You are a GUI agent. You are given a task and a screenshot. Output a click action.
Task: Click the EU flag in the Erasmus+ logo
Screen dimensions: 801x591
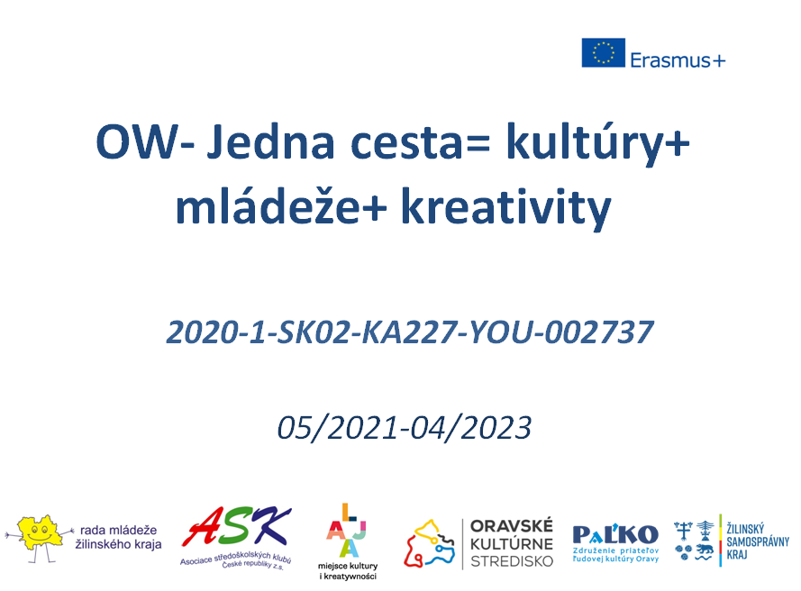point(603,52)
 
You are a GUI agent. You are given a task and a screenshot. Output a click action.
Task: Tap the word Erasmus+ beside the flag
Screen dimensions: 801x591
point(678,60)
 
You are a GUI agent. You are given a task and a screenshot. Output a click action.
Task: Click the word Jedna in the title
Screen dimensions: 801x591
point(270,142)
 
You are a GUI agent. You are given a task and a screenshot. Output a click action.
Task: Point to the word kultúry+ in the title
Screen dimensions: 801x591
point(597,144)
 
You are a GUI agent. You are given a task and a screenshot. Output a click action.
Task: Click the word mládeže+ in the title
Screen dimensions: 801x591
point(281,205)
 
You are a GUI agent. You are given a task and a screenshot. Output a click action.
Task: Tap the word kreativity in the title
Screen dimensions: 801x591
point(505,208)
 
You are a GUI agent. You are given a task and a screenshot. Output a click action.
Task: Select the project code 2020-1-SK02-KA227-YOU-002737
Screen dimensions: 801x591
point(410,332)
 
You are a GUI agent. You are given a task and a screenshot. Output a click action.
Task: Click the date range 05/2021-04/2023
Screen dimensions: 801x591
point(404,428)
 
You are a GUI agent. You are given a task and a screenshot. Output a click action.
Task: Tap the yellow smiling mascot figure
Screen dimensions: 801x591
point(38,537)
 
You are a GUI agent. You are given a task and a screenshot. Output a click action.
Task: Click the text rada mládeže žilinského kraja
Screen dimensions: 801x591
point(119,537)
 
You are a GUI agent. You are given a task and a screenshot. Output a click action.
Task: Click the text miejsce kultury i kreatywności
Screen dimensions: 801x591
point(348,571)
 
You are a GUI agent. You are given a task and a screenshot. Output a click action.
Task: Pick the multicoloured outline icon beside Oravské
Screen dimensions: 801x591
point(429,543)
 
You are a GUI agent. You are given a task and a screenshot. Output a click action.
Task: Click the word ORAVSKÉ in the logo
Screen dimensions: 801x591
point(512,526)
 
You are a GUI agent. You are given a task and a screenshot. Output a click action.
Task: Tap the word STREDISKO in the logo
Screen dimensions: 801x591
point(512,561)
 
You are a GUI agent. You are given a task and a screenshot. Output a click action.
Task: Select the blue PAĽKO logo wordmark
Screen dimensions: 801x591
point(615,534)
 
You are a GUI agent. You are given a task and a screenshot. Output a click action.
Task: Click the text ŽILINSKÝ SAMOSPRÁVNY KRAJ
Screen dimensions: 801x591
point(758,541)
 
